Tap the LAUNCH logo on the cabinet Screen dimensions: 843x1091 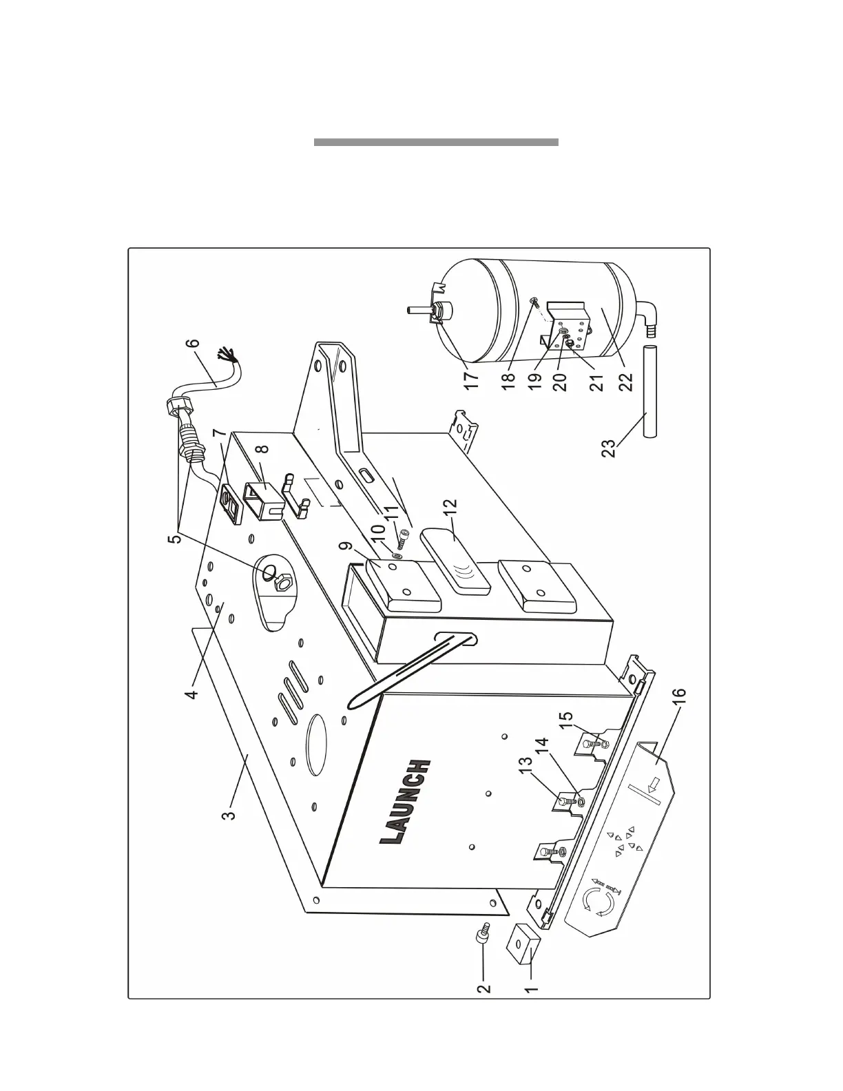[x=406, y=802]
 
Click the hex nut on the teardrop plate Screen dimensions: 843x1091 [x=281, y=585]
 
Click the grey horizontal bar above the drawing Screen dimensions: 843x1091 [x=435, y=143]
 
